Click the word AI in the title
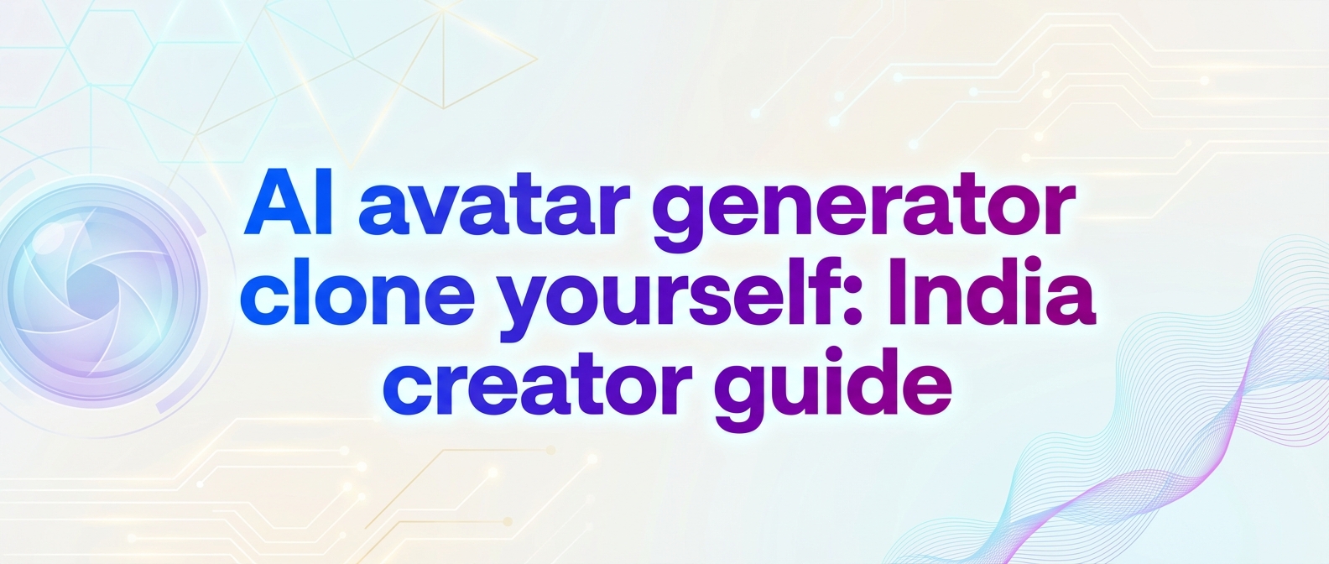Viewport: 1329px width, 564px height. [x=289, y=205]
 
